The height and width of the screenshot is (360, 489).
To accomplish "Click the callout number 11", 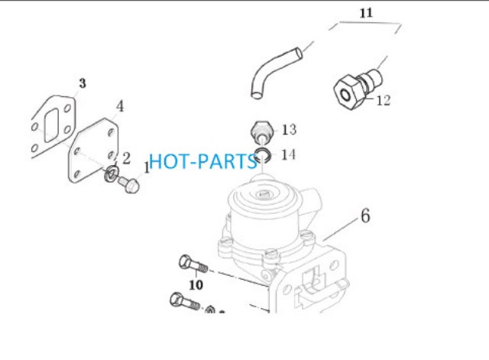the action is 366,13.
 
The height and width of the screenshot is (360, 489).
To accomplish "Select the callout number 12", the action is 384,100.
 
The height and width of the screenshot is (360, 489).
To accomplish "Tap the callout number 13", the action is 289,129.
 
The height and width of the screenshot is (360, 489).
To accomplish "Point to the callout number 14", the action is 289,154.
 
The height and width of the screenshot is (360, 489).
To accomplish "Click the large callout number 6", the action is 365,216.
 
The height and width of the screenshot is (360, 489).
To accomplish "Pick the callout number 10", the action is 196,284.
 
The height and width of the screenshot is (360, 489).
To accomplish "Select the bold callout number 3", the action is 83,83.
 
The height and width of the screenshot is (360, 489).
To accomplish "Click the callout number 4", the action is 120,106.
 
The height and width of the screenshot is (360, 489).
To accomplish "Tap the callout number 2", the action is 126,158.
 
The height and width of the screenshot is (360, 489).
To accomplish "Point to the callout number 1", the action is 147,168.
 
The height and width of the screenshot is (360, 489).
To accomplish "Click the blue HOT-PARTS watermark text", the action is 202,161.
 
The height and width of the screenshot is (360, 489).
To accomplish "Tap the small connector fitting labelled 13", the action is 262,132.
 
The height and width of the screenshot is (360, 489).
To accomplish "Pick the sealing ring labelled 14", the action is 263,155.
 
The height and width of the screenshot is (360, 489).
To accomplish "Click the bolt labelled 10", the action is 193,264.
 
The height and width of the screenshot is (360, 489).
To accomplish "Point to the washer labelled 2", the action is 112,174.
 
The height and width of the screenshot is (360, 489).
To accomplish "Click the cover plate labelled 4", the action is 92,150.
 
